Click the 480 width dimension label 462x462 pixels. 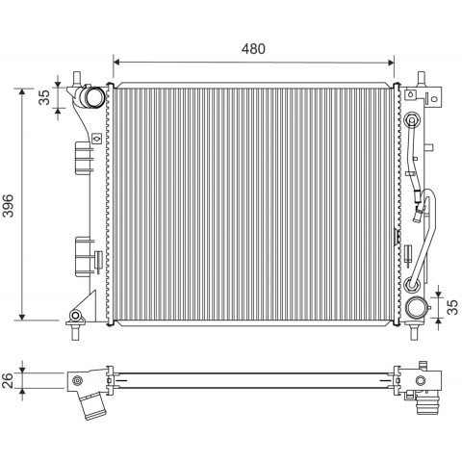[253, 49]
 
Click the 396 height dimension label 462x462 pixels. [9, 206]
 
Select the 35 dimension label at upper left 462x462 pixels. [44, 97]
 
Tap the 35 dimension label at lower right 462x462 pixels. [452, 307]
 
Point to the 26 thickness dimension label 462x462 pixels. [8, 380]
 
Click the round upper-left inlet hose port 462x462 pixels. [95, 96]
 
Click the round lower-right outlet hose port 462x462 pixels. [416, 307]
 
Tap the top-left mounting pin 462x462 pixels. [76, 79]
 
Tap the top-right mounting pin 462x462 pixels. [422, 79]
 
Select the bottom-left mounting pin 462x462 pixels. [75, 332]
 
